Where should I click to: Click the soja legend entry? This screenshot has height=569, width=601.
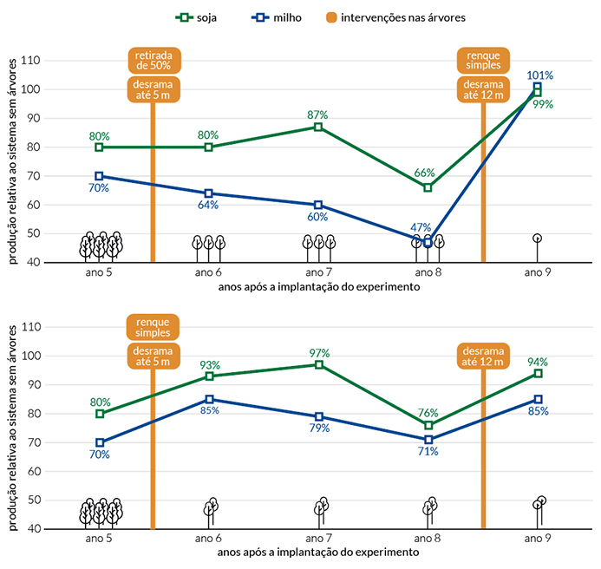coord(196,17)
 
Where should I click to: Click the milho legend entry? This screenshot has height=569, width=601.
coord(277,17)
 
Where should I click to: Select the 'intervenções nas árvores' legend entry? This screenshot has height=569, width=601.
coord(396,17)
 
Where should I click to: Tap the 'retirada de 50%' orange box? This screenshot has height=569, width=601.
coord(154,60)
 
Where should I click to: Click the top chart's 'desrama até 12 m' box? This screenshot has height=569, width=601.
coord(483,89)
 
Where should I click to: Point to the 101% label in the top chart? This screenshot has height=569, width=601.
coord(539,75)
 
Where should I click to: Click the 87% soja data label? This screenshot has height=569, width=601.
coord(317,114)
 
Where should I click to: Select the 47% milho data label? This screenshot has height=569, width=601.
coord(421,227)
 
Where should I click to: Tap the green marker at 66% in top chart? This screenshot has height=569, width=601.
coord(428,187)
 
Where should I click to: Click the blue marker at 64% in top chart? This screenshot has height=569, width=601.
coord(208,193)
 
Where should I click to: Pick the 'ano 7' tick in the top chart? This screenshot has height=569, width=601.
coord(318,272)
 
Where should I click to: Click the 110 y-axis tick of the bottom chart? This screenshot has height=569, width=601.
coord(30,327)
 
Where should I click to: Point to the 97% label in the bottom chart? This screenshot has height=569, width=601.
coord(320,353)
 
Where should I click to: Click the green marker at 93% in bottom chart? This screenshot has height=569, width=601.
coord(209,376)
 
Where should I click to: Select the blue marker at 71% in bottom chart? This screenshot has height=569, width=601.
coord(428,440)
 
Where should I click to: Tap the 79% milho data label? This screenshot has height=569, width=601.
coord(320,428)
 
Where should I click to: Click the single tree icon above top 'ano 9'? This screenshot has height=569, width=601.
coord(538,248)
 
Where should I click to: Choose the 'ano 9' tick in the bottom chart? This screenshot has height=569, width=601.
coord(538,539)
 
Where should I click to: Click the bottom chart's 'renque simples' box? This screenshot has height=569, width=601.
coord(153,327)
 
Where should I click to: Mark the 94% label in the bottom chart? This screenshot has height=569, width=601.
coord(538,362)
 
